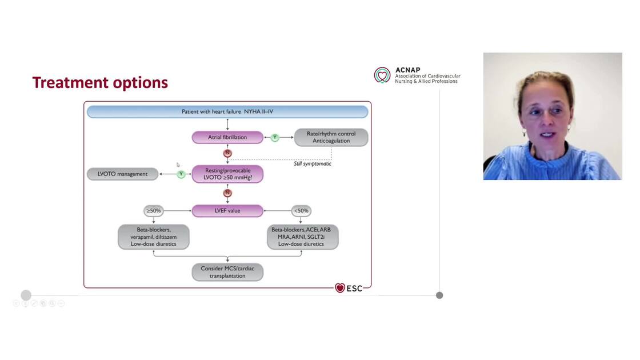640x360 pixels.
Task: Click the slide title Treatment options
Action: point(100,83)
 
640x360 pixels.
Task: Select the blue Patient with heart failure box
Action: point(227,111)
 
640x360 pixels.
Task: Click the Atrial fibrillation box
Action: point(227,137)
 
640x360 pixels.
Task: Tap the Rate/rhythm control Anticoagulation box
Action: point(331,137)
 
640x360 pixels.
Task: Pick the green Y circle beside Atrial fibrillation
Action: point(275,138)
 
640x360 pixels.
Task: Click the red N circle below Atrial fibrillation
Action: point(227,153)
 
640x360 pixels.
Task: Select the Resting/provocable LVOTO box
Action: point(227,174)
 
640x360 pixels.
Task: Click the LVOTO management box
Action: point(122,174)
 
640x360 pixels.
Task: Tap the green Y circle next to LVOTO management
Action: point(181,174)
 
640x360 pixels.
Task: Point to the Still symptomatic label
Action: point(309,164)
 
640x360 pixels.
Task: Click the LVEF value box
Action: point(227,211)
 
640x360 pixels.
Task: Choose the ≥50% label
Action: point(153,211)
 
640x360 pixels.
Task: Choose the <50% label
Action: point(301,211)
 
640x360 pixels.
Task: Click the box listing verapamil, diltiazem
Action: point(153,237)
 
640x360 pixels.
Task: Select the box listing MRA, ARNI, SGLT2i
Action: point(302,237)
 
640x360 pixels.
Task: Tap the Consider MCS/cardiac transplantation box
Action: point(227,272)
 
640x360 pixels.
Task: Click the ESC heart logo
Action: point(340,288)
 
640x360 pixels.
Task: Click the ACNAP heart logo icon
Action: point(382,75)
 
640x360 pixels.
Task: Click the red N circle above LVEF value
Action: point(227,193)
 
